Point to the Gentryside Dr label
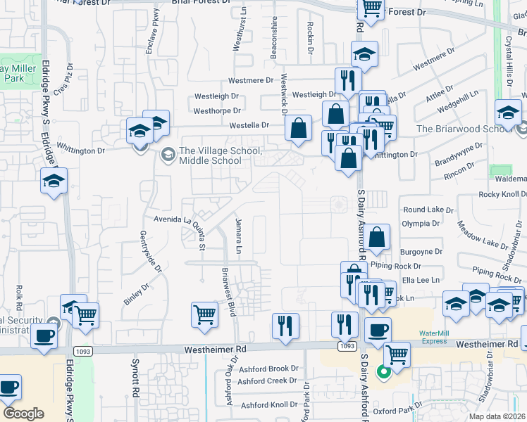(x=149, y=250)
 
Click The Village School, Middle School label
(x=221, y=155)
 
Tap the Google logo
(x=23, y=414)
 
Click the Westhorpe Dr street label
(x=217, y=110)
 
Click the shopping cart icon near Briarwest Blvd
(x=204, y=314)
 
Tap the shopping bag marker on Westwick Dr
(x=299, y=128)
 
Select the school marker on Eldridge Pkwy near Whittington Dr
(x=54, y=181)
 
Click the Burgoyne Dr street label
(x=421, y=251)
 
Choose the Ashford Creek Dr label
(x=268, y=381)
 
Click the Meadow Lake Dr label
(x=482, y=234)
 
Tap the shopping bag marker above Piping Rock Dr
(x=378, y=238)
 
